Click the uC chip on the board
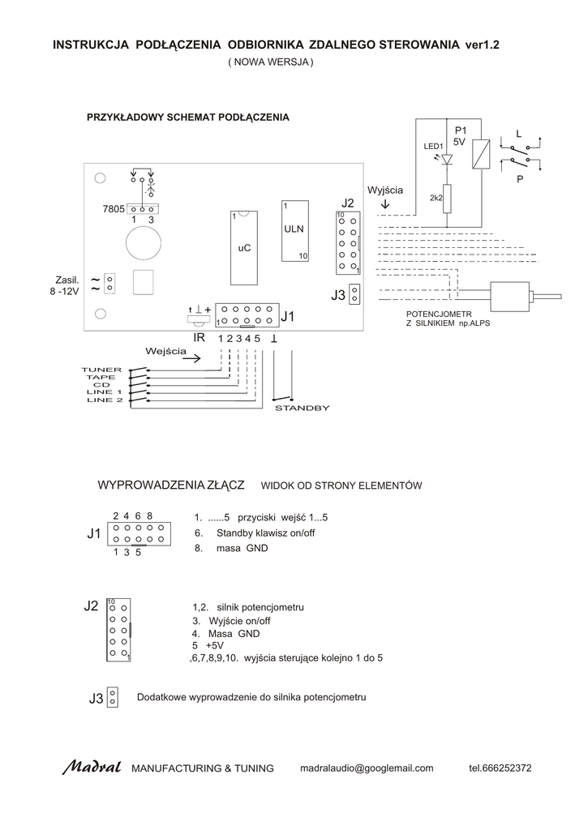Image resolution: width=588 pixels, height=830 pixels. (243, 247)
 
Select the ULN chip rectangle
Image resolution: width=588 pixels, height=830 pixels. (294, 230)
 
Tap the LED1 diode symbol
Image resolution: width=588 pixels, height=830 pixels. (447, 160)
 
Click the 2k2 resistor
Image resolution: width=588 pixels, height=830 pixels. (447, 198)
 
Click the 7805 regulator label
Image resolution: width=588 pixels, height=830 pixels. (113, 208)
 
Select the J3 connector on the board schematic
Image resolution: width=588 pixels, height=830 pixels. (354, 295)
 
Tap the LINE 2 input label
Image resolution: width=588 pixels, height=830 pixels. (104, 400)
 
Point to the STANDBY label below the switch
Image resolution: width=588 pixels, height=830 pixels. (303, 408)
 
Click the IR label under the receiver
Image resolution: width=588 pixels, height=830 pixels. (199, 337)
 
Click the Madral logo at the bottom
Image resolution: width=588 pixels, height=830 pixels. (92, 767)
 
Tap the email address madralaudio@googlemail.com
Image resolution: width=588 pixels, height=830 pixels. (367, 768)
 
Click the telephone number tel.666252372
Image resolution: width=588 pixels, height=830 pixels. (500, 768)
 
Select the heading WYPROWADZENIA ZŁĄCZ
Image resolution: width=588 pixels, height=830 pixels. (171, 485)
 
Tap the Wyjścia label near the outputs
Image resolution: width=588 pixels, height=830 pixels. (384, 190)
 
